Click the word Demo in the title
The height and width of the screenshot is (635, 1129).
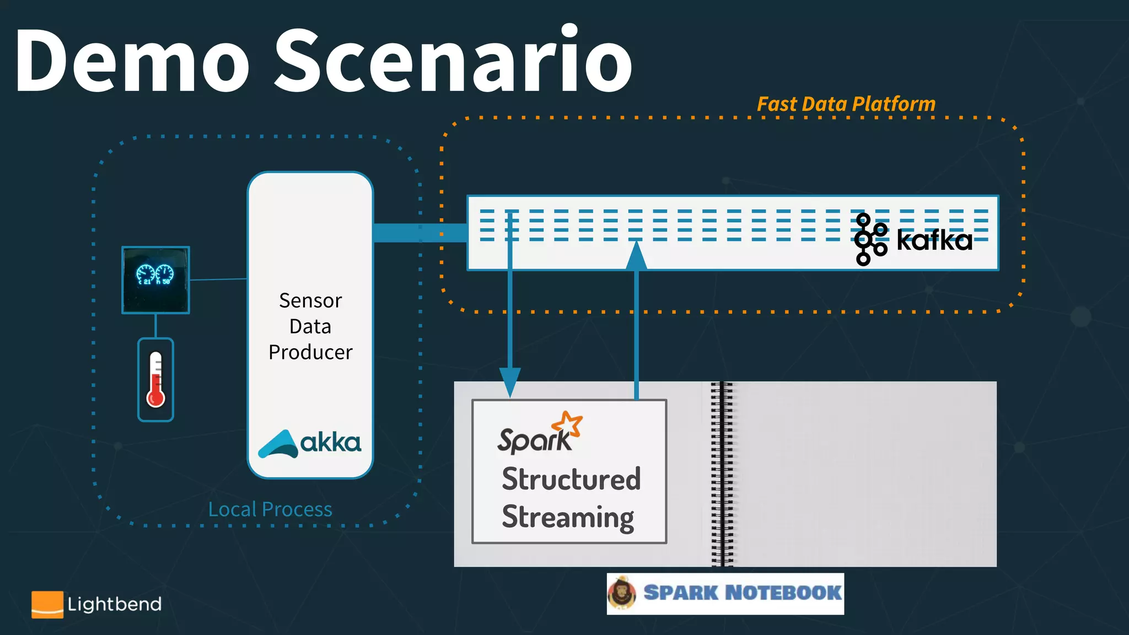[132, 61]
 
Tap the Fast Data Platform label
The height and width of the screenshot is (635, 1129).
[846, 104]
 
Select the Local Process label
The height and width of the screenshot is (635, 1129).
[270, 509]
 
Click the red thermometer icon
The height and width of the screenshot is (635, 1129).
[155, 380]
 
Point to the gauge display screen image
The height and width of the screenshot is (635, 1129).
[155, 279]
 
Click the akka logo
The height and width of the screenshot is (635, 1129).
[310, 443]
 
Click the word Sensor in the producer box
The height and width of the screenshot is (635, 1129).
[310, 300]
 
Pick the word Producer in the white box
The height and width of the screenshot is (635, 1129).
[310, 352]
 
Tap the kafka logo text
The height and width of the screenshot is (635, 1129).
[934, 240]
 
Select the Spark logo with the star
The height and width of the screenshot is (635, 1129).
[540, 433]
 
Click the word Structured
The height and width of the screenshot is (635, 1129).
[571, 478]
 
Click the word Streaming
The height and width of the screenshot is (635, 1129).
[568, 517]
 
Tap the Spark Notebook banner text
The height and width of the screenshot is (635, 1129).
[742, 593]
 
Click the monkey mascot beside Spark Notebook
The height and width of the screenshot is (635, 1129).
[622, 593]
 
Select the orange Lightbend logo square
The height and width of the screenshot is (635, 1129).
[47, 604]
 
